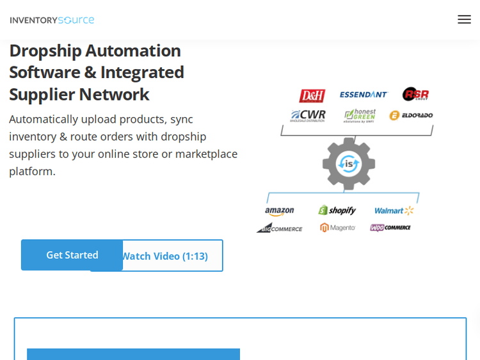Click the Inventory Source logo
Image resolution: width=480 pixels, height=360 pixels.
pos(52,20)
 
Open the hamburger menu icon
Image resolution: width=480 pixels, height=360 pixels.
pos(464,19)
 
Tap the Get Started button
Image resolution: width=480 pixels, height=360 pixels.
pos(72,254)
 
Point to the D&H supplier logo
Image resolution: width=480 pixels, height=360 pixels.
pos(312,95)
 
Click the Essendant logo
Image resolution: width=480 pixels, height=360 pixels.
pos(364,95)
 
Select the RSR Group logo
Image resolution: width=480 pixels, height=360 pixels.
pos(415,94)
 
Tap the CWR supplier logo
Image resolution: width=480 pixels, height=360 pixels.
pos(308,116)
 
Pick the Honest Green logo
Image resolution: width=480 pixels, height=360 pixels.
pos(360,115)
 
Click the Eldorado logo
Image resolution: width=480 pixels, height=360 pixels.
pos(411,115)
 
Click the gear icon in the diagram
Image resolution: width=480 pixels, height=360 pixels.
pos(349,164)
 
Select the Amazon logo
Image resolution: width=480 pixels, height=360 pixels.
pos(280,211)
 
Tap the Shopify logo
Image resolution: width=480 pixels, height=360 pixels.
pos(337,210)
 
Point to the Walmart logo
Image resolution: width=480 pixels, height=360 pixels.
pos(394,210)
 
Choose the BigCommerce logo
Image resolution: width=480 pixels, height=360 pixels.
pos(280,228)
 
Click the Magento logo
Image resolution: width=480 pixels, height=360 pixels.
pos(338,228)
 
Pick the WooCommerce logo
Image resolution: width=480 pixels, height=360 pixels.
pos(390,228)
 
